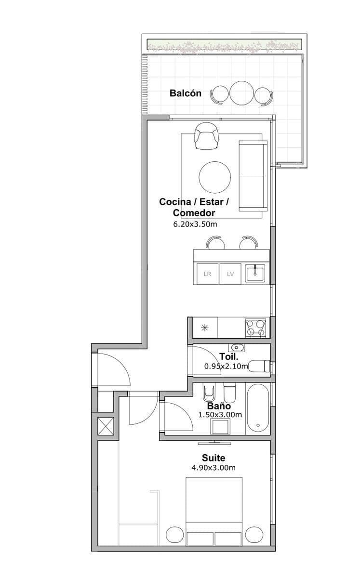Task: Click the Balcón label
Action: tap(186, 93)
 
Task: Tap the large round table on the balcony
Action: tap(240, 93)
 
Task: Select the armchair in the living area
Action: tap(207, 136)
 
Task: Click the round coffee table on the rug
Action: tap(215, 177)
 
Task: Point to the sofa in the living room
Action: tap(253, 176)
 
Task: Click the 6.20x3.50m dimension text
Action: tap(195, 224)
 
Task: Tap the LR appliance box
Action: tap(208, 274)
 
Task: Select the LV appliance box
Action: tap(230, 274)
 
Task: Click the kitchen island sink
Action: tap(255, 274)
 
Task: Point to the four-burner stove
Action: tap(256, 328)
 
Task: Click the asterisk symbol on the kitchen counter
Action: tap(205, 328)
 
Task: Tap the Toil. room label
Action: tap(229, 356)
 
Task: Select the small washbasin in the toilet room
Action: tap(236, 348)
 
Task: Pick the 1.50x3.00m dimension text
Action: tap(220, 415)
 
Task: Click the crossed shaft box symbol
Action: tap(106, 426)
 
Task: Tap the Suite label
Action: tap(213, 458)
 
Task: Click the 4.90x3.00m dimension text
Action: tap(213, 467)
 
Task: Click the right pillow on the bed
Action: tap(228, 539)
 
